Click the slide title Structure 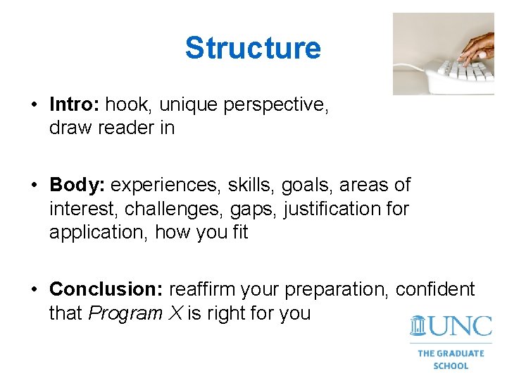[x=253, y=48]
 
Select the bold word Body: [x=77, y=186]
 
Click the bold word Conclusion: [x=106, y=290]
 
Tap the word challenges [x=175, y=210]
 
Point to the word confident [x=435, y=290]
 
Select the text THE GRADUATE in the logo [x=451, y=353]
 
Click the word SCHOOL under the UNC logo [x=451, y=365]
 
